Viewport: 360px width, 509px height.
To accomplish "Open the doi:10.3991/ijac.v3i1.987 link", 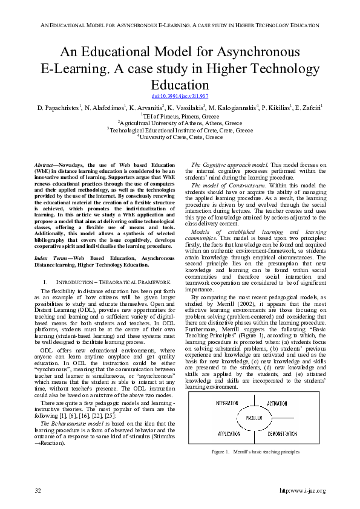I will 179,96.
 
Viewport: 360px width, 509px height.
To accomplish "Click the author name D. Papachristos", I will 59,107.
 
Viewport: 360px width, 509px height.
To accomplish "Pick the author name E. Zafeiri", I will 307,107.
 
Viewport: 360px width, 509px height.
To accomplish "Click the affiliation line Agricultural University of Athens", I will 180,122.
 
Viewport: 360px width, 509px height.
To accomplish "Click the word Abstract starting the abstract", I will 42,165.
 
